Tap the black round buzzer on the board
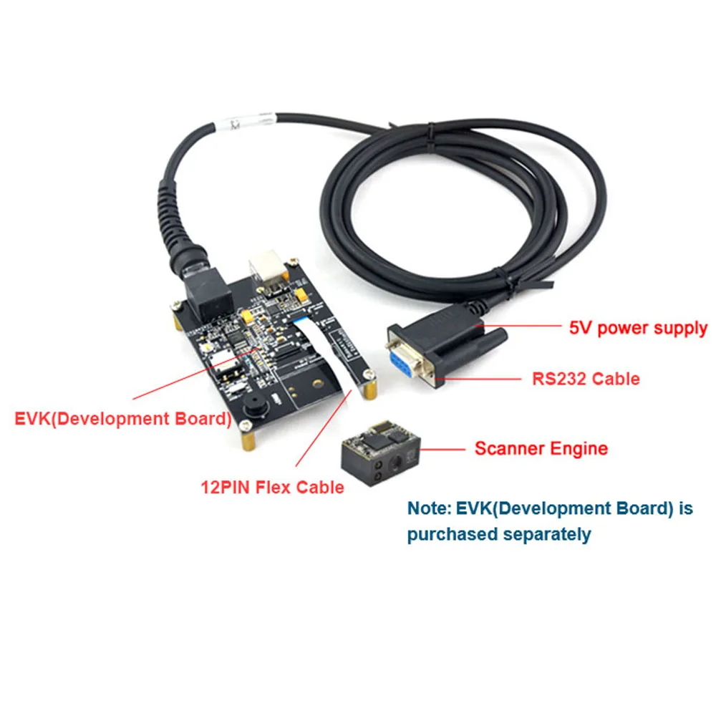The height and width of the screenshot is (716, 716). (252, 406)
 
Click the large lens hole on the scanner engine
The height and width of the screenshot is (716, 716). (393, 472)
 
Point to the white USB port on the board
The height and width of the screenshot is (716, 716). (267, 267)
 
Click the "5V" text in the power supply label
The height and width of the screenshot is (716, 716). (581, 329)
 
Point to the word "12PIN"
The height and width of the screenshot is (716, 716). (227, 488)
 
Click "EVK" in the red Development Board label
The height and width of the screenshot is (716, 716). (33, 418)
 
